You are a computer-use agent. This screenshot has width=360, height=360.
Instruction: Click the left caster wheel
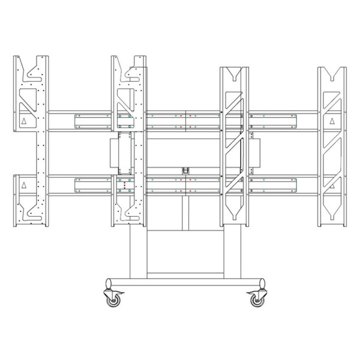click(x=113, y=298)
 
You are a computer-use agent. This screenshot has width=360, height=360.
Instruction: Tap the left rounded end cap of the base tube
click(x=109, y=283)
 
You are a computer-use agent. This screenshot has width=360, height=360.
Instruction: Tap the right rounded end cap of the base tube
click(x=262, y=283)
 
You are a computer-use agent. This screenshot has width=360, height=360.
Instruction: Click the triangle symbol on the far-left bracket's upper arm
click(x=24, y=121)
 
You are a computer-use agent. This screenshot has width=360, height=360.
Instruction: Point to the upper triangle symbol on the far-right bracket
click(x=332, y=121)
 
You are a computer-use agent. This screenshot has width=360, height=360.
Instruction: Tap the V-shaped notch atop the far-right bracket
click(x=332, y=73)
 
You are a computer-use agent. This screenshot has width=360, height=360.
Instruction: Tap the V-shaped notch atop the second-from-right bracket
click(x=234, y=73)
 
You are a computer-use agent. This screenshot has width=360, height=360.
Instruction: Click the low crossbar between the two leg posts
click(x=185, y=275)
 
